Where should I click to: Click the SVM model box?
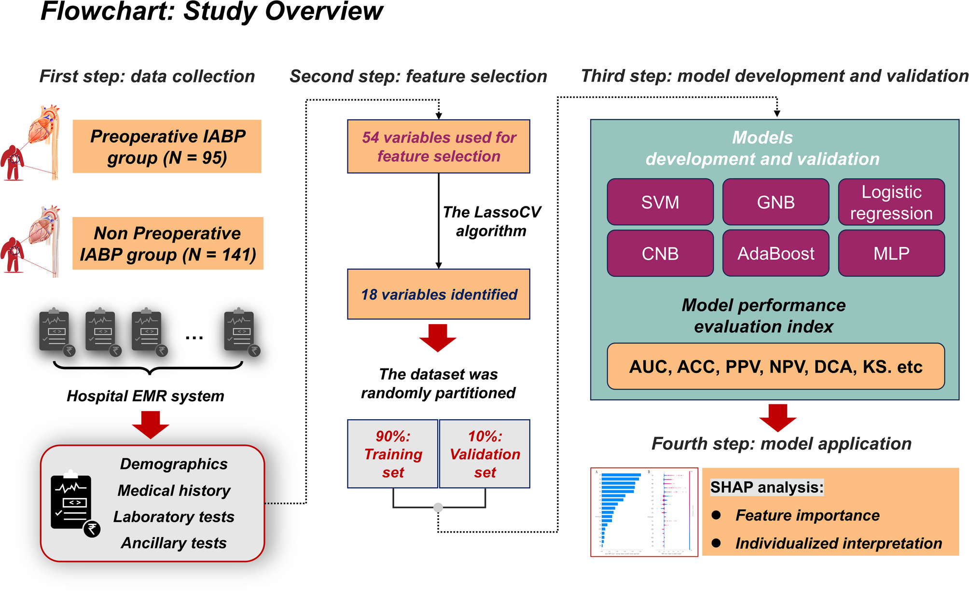pyautogui.click(x=660, y=202)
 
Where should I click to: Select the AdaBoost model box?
pyautogui.click(x=775, y=253)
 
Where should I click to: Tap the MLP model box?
pyautogui.click(x=891, y=253)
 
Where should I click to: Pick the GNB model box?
pyautogui.click(x=775, y=202)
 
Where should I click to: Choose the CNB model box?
pyautogui.click(x=660, y=253)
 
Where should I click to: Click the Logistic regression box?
pyautogui.click(x=891, y=202)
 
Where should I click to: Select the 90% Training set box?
pyautogui.click(x=393, y=454)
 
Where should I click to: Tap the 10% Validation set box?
pyautogui.click(x=484, y=454)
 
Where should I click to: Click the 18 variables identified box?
pyautogui.click(x=439, y=294)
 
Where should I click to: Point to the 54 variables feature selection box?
pyautogui.click(x=439, y=147)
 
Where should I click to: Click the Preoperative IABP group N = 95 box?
pyautogui.click(x=167, y=147)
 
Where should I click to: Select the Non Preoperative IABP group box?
pyautogui.click(x=167, y=244)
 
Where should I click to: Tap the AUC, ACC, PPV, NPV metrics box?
pyautogui.click(x=775, y=367)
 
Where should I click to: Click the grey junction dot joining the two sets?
pyautogui.click(x=438, y=508)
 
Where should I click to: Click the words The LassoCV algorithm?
pyautogui.click(x=491, y=221)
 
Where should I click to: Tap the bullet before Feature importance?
pyautogui.click(x=716, y=515)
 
